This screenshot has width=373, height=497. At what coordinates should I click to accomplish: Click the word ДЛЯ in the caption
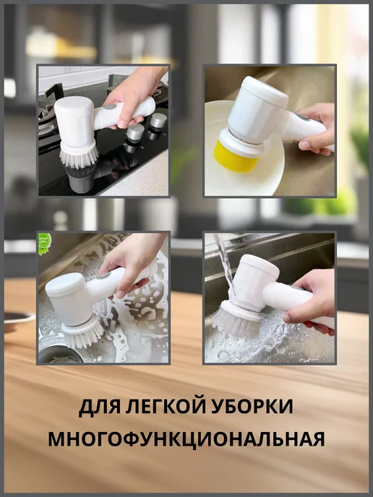[98, 407]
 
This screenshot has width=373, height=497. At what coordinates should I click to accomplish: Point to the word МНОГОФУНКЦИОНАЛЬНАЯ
[186, 439]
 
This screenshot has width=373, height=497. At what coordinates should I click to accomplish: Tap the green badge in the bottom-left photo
[44, 243]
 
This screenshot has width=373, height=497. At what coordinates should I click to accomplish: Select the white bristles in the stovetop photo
[80, 157]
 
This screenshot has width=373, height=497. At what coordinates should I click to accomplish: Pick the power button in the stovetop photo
[110, 107]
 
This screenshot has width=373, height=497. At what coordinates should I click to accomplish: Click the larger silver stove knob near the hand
[158, 121]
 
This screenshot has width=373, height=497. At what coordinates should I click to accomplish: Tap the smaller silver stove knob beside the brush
[135, 132]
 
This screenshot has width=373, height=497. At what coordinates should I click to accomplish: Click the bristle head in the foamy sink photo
[83, 334]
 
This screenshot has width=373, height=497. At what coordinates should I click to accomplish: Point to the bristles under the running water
[236, 324]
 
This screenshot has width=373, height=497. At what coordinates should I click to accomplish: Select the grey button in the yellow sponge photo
[303, 117]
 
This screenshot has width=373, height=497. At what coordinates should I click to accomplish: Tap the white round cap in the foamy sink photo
[61, 285]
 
